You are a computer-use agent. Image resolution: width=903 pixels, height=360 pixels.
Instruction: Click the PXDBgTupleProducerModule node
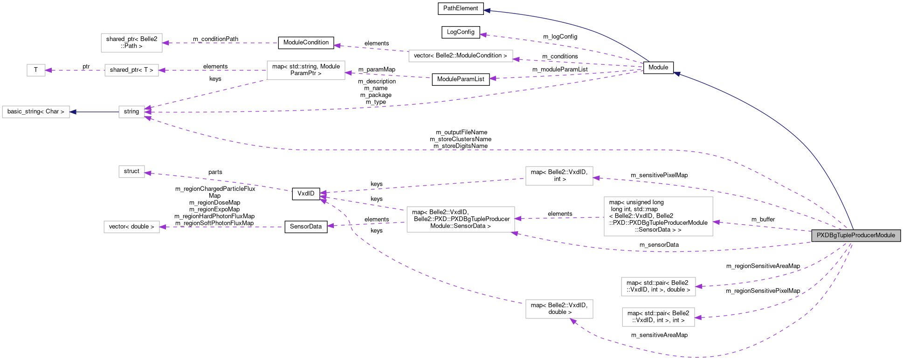coord(855,235)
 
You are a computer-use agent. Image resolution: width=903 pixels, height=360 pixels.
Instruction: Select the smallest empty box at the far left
coord(36,70)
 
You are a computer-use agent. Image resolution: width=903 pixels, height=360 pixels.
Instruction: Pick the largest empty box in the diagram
coord(658,216)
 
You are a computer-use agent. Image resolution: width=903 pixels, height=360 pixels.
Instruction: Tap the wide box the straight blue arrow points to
coord(36,112)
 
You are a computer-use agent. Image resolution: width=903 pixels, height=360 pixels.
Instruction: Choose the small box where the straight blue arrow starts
coord(131,112)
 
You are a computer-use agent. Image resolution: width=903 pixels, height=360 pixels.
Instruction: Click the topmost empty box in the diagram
coord(131,43)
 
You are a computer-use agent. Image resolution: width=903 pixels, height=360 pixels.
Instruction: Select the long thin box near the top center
coord(461,56)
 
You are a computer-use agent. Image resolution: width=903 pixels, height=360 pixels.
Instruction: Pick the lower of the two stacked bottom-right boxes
coord(658,317)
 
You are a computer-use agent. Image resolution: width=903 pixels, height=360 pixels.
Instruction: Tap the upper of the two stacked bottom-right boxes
coord(658,287)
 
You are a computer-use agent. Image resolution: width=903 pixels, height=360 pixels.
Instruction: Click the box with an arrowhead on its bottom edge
coord(559,309)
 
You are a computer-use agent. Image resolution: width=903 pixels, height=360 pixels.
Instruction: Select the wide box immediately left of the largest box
coord(461,219)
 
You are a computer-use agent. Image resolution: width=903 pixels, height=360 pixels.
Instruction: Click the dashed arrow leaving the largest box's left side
coord(559,218)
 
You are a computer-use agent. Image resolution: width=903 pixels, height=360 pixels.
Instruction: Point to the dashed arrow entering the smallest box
coord(75,70)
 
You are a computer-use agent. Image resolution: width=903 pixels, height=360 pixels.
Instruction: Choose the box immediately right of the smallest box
coord(131,70)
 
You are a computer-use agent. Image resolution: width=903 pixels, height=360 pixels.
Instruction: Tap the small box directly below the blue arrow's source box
coord(131,172)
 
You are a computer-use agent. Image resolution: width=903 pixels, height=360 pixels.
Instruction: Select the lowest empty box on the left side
coord(131,227)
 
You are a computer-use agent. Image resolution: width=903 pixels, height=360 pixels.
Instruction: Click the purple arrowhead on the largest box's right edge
coord(717,222)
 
